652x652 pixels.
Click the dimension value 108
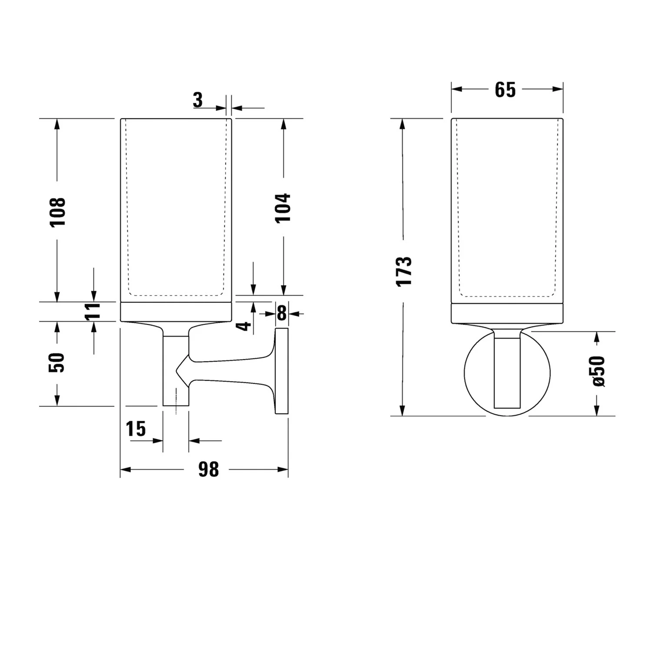57,212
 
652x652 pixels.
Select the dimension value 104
283,208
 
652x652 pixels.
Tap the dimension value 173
403,271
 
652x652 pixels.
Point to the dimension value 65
505,90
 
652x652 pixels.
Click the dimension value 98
209,469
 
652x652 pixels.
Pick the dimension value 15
136,429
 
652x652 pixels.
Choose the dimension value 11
93,311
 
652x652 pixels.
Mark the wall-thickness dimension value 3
198,100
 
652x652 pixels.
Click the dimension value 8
282,313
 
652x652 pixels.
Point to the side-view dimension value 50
57,363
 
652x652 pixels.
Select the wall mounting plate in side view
282,372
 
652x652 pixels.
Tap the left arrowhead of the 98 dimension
124,469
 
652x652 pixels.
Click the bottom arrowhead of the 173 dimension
403,411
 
